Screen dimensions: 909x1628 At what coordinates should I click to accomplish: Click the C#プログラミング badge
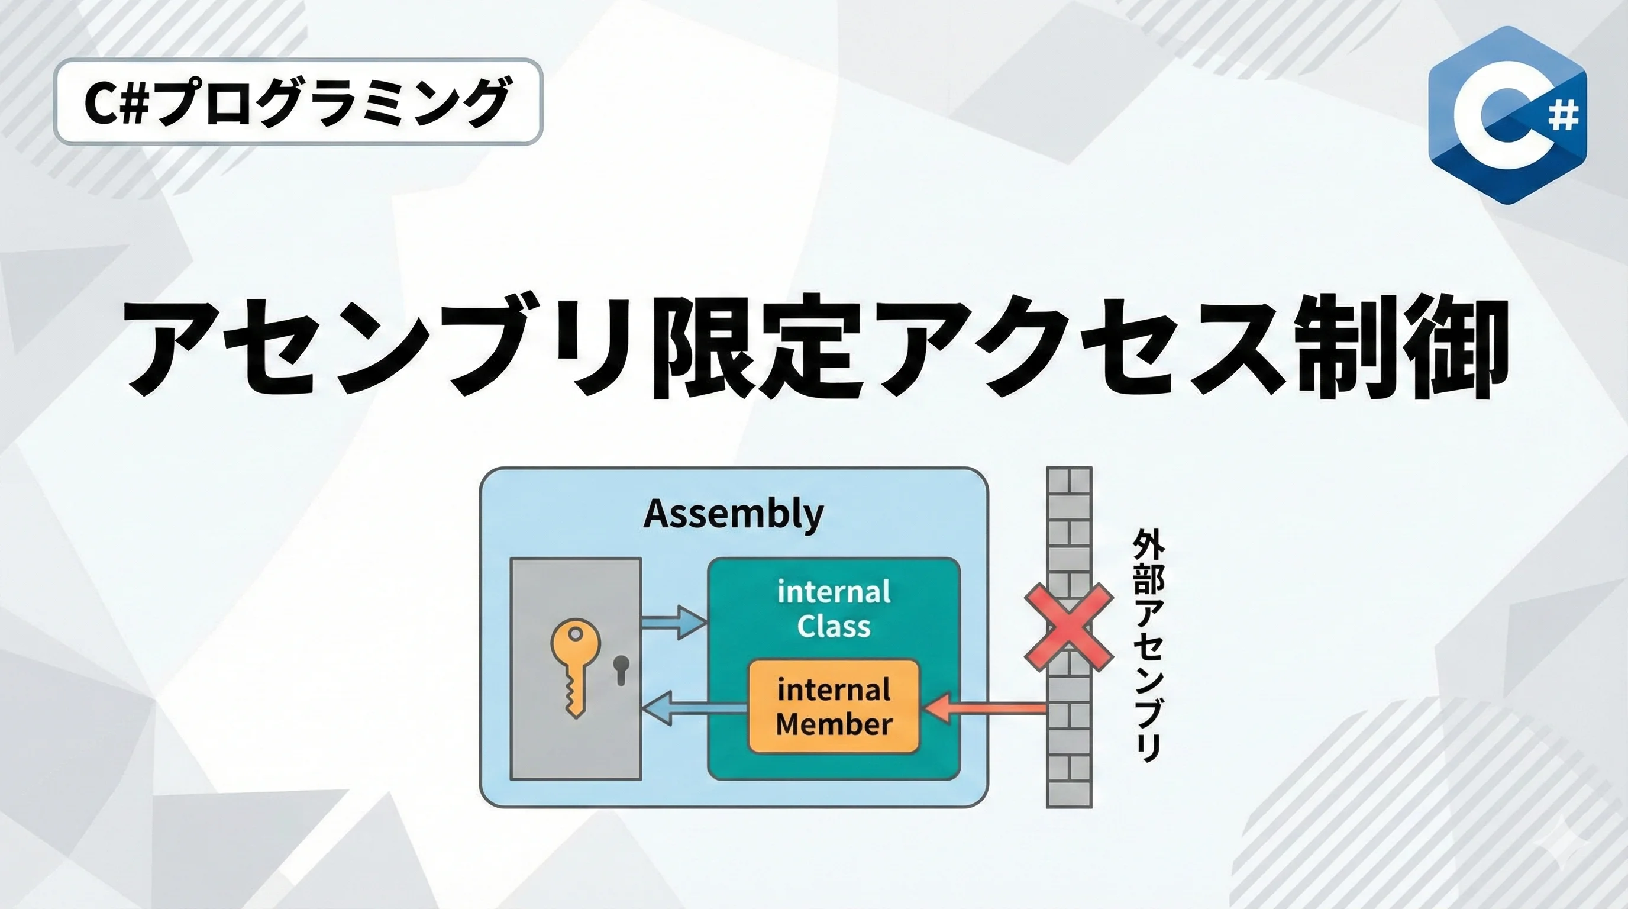pyautogui.click(x=298, y=102)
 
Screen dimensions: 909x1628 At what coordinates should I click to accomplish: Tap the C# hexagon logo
pyautogui.click(x=1507, y=115)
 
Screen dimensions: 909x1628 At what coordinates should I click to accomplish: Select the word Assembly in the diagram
pyautogui.click(x=733, y=514)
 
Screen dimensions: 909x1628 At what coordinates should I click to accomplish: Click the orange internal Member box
pyautogui.click(x=834, y=707)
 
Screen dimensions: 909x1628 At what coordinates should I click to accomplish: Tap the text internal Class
pyautogui.click(x=834, y=609)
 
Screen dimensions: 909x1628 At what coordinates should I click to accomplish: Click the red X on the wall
pyautogui.click(x=1068, y=627)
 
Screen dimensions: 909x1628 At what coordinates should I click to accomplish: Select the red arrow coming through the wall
pyautogui.click(x=986, y=708)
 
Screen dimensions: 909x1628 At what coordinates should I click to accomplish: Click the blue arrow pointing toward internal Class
pyautogui.click(x=674, y=622)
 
